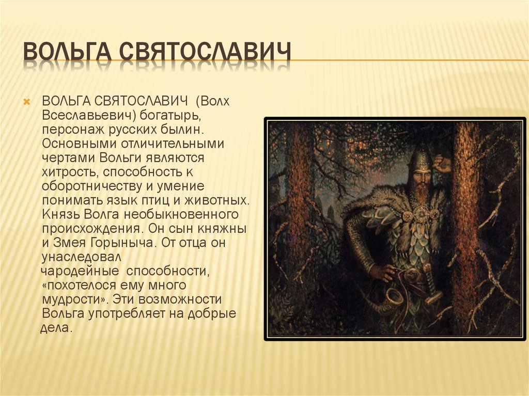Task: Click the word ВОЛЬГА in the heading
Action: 68,51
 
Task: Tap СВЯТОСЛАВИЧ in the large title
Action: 205,51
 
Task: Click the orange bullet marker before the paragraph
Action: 27,102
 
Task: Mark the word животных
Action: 217,200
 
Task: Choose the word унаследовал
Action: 81,257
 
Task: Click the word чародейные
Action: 80,271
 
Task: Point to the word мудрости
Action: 74,299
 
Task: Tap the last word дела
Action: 56,328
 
